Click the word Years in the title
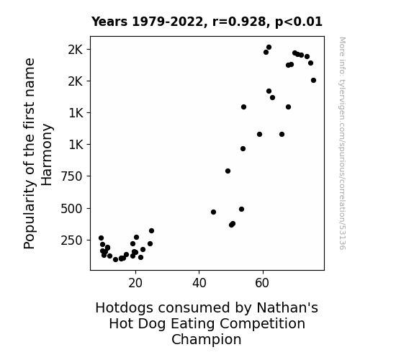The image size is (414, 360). point(109,22)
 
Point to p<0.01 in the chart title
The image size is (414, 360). point(299,22)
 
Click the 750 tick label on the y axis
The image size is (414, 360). point(71,176)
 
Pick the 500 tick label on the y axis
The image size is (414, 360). point(71,209)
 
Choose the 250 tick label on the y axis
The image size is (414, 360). point(71,240)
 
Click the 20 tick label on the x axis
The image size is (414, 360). point(135,283)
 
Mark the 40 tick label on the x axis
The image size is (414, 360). point(199,283)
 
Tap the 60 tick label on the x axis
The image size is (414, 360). point(262,283)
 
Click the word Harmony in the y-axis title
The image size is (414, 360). point(48,155)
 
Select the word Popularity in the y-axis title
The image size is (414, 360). point(30,214)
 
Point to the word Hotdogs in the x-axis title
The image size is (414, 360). point(125,308)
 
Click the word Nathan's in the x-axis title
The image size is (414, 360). point(287,308)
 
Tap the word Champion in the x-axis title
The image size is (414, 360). point(207,340)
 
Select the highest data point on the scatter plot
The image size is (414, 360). point(269,48)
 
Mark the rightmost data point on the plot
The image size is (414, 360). point(313,81)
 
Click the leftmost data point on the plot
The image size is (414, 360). point(101,238)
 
